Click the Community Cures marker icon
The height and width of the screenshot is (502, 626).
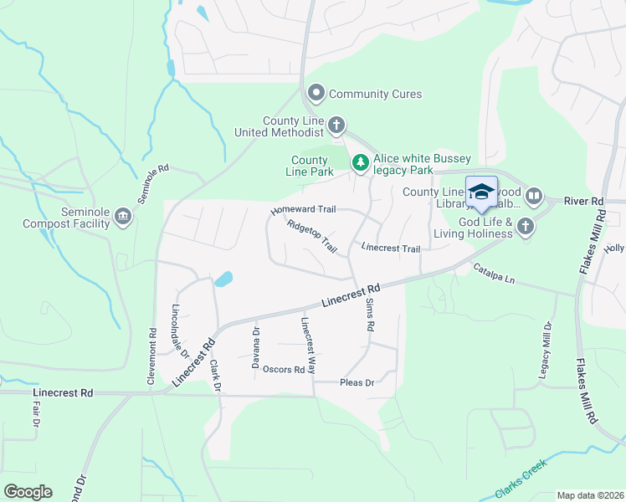click(x=316, y=94)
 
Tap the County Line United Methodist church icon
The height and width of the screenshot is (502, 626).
click(x=336, y=126)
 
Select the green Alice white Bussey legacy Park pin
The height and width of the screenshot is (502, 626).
click(x=360, y=162)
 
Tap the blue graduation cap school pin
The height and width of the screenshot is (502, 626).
click(x=481, y=193)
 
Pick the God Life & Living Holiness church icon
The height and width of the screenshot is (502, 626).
click(x=525, y=227)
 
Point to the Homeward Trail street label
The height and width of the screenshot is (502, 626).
click(x=303, y=210)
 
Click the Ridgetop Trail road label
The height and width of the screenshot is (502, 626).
click(x=311, y=237)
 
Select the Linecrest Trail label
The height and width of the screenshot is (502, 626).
click(x=390, y=248)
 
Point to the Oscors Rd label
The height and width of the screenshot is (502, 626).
click(x=283, y=369)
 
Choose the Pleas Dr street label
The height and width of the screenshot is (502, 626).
click(x=357, y=382)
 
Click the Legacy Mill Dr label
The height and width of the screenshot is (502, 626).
click(x=545, y=349)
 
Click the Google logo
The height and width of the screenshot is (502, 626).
click(x=27, y=492)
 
